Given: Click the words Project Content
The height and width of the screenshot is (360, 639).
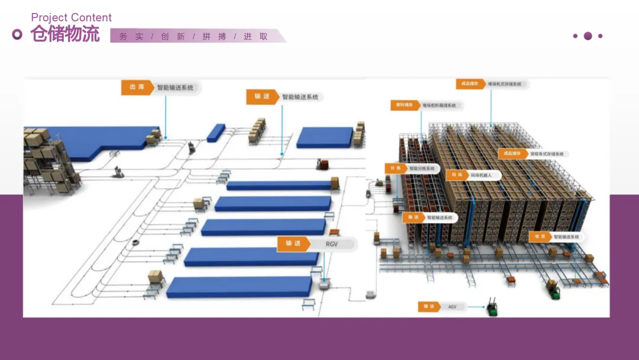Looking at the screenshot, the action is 71,18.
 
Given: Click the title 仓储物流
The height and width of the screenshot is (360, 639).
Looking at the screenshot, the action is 65,35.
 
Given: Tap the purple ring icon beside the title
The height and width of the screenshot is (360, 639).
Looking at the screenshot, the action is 17,35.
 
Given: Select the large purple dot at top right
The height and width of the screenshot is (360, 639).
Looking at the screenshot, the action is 588,36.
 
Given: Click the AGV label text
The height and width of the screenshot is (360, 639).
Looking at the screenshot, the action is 453,307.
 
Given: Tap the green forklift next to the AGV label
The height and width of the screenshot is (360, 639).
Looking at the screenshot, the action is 491,308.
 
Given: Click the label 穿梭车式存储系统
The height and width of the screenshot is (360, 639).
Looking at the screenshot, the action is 547,154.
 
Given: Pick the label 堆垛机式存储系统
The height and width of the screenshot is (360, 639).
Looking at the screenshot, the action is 505,85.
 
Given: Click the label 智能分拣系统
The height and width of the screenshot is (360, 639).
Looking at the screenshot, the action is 422,169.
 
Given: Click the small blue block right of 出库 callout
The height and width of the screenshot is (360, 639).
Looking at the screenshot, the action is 216,133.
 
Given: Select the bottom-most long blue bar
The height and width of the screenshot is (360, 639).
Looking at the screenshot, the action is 239,287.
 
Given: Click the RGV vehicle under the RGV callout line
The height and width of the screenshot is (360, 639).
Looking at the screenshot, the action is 325,284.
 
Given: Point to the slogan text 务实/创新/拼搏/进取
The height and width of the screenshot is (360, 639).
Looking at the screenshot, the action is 193,37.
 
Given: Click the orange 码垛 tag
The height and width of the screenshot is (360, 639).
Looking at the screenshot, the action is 456,175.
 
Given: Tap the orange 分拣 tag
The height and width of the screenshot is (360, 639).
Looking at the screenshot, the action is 395,169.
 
